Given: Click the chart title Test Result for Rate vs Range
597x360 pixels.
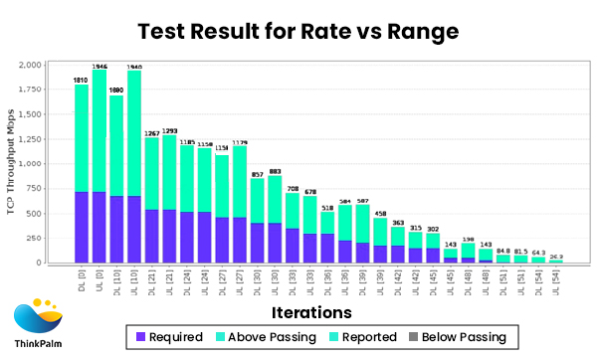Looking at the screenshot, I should [298, 31].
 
